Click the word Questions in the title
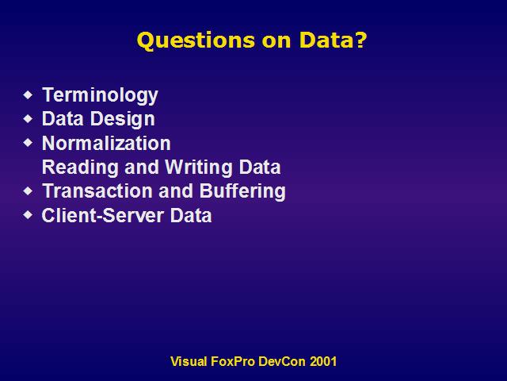click(x=196, y=40)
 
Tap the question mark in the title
click(x=360, y=40)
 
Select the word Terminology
click(x=101, y=95)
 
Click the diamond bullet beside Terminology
click(x=29, y=95)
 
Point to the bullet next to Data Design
click(x=29, y=119)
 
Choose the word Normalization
click(x=106, y=143)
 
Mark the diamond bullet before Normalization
click(x=29, y=143)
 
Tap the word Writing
click(x=199, y=167)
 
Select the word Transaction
click(x=97, y=190)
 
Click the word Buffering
click(x=242, y=191)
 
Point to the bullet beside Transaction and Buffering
click(x=29, y=190)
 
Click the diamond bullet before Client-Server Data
click(x=29, y=214)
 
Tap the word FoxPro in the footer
click(x=233, y=361)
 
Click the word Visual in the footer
click(x=189, y=361)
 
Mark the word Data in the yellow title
click(x=326, y=40)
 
